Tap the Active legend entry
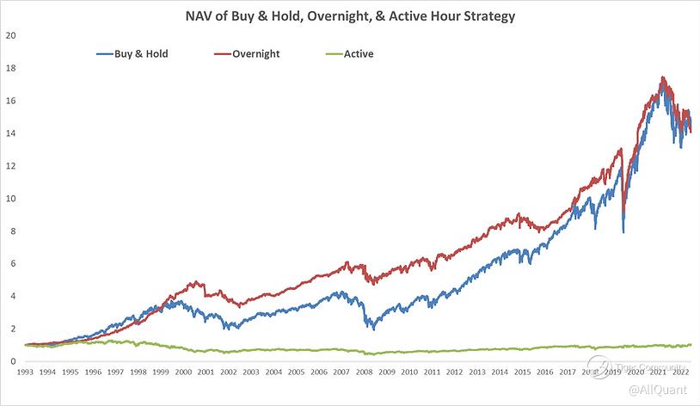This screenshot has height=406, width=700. coord(358,53)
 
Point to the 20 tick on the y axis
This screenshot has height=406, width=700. coord(10,35)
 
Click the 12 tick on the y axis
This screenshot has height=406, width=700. coord(10,166)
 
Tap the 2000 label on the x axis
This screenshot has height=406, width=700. coord(183,372)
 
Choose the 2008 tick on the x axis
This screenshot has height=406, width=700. coord(362,372)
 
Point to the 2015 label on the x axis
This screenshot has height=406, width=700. coord(519,372)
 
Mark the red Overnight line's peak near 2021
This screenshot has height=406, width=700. coord(661,77)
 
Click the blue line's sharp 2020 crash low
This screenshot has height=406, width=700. coord(623,231)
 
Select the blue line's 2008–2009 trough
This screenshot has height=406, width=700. coord(372,329)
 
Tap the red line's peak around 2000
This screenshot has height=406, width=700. coord(195,281)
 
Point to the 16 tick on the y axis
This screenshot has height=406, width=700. coord(10,101)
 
